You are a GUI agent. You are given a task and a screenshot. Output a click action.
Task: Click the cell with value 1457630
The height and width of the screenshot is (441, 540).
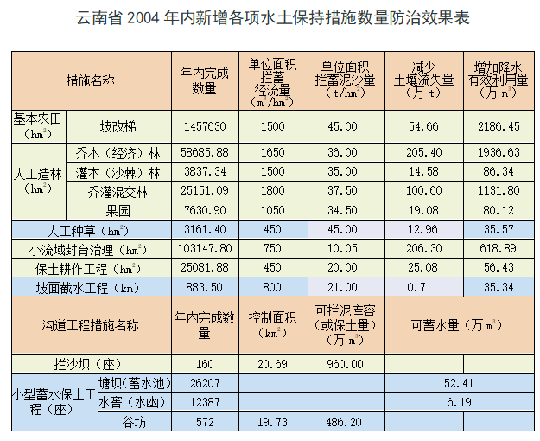point(204,126)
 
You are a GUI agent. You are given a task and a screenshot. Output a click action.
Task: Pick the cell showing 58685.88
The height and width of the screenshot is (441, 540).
point(204,152)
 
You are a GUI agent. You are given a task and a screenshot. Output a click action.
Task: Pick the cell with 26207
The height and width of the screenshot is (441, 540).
point(204,383)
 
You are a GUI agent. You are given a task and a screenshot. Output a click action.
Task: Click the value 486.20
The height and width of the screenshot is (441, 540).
point(344,421)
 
